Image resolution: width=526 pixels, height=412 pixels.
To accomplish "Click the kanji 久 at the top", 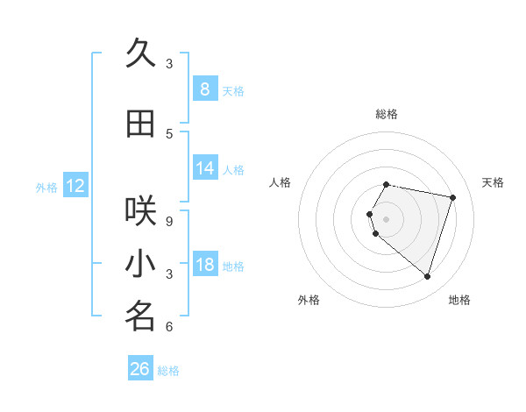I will [x=140, y=53].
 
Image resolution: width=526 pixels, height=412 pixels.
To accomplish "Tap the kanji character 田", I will [x=140, y=124].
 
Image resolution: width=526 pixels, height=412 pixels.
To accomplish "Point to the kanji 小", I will [x=140, y=264].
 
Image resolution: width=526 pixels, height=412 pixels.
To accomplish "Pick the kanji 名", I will [x=140, y=316].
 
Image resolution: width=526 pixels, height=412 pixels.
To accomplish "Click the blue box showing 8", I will [x=204, y=89].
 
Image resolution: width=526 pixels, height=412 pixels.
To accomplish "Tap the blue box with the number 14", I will [x=204, y=169].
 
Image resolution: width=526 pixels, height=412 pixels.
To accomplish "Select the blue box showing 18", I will [x=204, y=266].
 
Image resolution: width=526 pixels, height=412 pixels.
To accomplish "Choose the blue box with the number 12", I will [x=75, y=186].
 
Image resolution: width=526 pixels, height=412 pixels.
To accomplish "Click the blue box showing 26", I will [x=140, y=369].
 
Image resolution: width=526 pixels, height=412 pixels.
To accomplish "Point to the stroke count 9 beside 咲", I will [x=169, y=222].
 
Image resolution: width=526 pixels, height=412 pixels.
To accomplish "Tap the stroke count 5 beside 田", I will [x=169, y=134].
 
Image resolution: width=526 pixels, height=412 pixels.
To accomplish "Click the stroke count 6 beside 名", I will [x=169, y=327].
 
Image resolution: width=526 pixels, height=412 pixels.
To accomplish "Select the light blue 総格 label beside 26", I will [x=168, y=371].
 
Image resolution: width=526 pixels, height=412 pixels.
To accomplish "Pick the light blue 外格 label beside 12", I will [x=46, y=187].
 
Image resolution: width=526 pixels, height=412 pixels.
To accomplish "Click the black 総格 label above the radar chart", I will [x=386, y=114].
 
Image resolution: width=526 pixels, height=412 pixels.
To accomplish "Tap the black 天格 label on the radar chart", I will [x=493, y=182].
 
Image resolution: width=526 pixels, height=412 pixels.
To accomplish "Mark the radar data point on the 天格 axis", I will [x=452, y=197].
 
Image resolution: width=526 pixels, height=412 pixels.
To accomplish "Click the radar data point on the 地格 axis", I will [x=427, y=276].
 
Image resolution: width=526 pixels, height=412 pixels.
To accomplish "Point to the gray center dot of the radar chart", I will [x=386, y=218].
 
